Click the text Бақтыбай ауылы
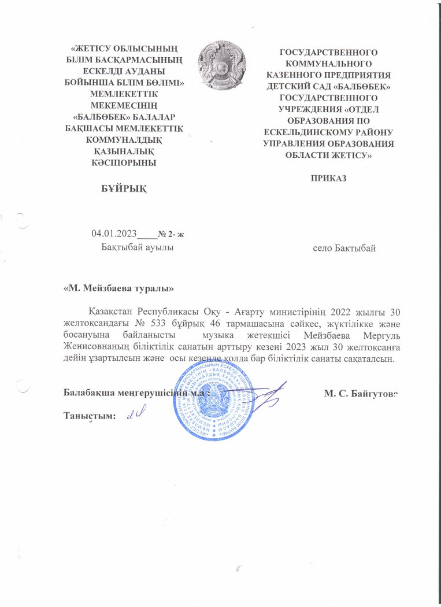tap(137, 247)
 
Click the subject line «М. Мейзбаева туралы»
tap(118, 287)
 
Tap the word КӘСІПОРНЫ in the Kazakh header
tap(120, 162)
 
